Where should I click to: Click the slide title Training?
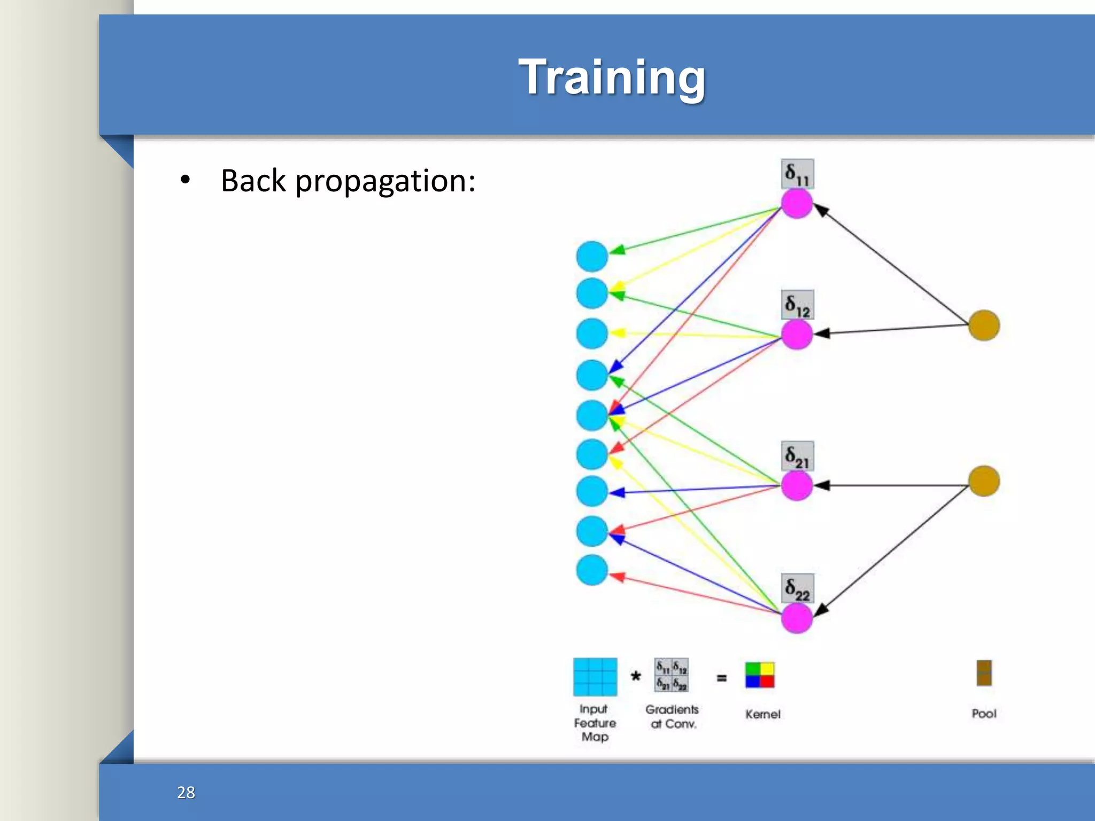coord(612,78)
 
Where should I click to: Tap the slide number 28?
coord(186,792)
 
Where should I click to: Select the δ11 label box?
coord(797,174)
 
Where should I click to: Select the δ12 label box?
coord(797,305)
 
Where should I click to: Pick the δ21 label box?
coord(797,456)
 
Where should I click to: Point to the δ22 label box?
coord(797,588)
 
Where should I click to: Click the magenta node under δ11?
coord(797,204)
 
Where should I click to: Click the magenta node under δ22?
coord(797,618)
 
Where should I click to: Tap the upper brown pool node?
coord(984,325)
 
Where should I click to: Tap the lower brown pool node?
coord(984,481)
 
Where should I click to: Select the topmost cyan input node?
coord(592,256)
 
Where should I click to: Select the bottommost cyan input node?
coord(592,570)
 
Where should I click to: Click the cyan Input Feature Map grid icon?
coord(595,677)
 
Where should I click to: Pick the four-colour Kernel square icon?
coord(760,675)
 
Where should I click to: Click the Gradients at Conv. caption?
coord(672,716)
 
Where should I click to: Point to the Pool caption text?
coord(984,714)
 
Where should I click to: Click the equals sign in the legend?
coord(721,678)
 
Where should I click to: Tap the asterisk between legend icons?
coord(636,677)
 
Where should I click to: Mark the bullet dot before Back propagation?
coord(185,180)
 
